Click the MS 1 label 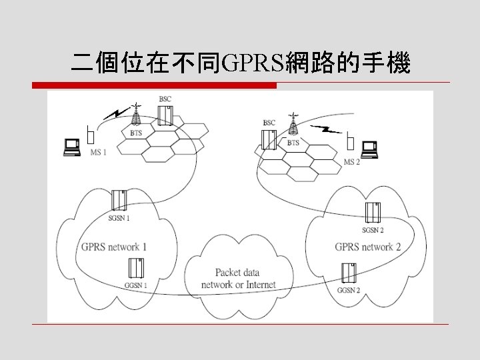(x=98, y=152)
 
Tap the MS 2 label (x=351, y=162)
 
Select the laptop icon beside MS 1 (x=71, y=147)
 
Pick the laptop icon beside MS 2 (x=369, y=149)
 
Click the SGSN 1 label (x=119, y=218)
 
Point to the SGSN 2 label (x=372, y=230)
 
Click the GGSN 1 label (x=135, y=285)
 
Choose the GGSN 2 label (x=348, y=291)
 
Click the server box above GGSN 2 (x=348, y=274)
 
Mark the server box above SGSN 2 (x=373, y=213)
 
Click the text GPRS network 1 (x=114, y=247)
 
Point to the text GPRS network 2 (x=368, y=247)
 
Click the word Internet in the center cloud (x=259, y=285)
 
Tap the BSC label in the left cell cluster (x=165, y=99)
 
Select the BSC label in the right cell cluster (x=269, y=123)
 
